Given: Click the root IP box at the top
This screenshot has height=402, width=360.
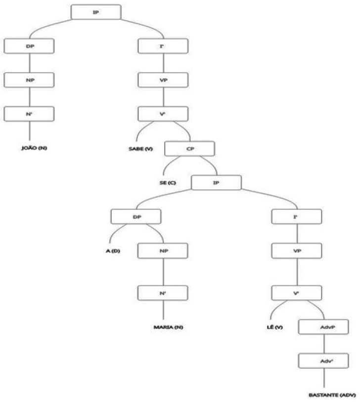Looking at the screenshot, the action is (95, 12).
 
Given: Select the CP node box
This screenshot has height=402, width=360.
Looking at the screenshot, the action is (189, 148).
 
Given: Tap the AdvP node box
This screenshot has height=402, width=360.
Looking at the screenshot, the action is (323, 326).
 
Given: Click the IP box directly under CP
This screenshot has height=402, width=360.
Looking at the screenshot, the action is (217, 182).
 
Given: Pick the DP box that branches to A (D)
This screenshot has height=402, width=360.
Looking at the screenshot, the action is (136, 217).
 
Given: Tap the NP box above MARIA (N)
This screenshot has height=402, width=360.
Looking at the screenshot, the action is (163, 250).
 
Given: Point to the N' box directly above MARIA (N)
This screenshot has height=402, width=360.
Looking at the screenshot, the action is (163, 293).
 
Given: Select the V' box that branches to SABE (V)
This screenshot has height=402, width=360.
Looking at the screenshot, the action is (163, 113).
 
